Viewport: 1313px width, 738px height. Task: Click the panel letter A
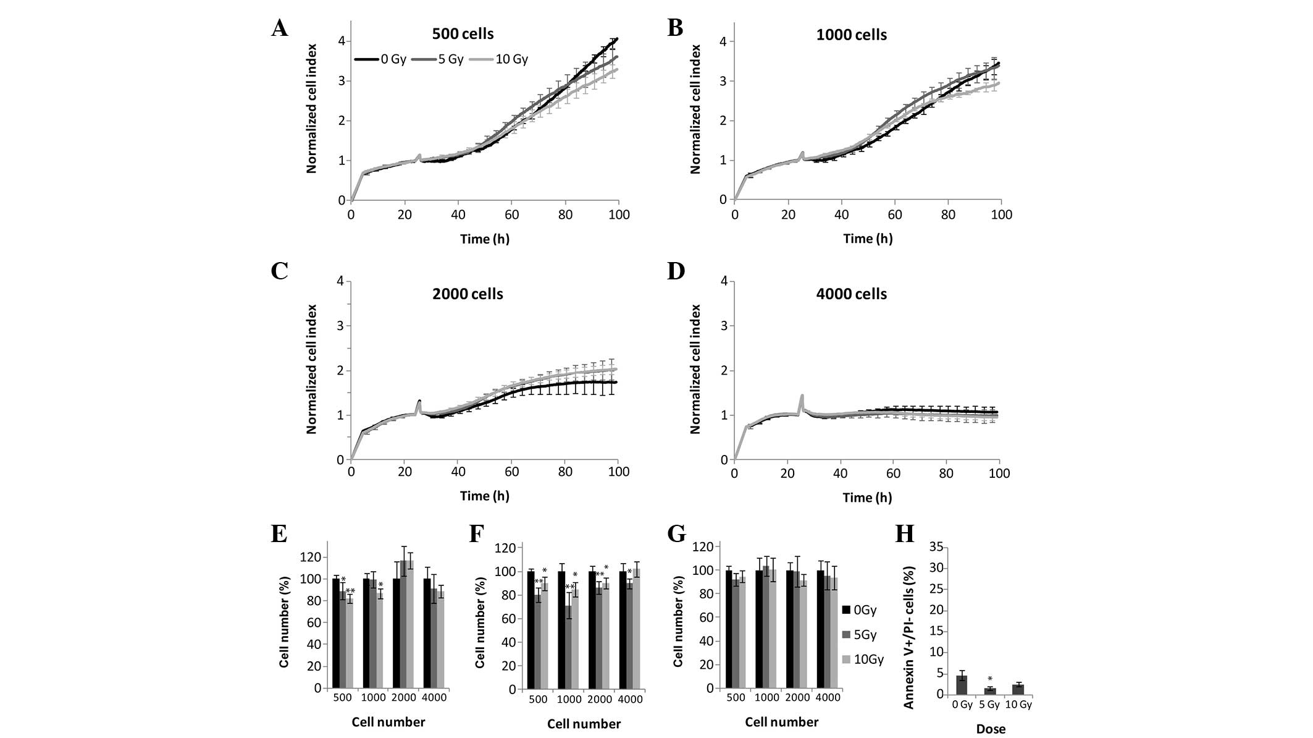[x=280, y=28]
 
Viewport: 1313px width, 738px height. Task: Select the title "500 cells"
[x=463, y=33]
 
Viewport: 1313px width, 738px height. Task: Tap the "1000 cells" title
[x=851, y=35]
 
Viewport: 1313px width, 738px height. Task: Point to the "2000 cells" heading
[x=468, y=294]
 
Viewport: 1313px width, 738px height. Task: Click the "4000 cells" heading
[x=851, y=294]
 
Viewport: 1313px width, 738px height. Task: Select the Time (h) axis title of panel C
[x=484, y=496]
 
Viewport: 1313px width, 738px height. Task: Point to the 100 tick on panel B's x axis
[x=1001, y=214]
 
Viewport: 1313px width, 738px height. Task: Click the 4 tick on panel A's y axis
[x=342, y=41]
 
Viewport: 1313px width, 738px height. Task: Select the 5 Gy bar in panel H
[x=989, y=691]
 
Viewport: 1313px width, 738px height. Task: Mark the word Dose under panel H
[x=991, y=729]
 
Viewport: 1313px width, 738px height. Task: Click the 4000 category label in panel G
[x=828, y=697]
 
